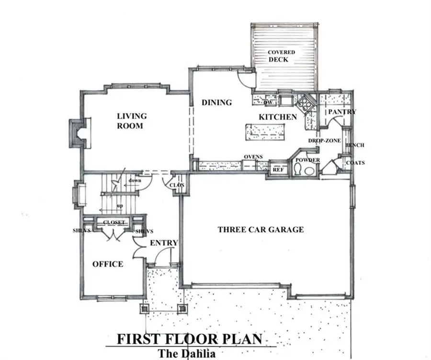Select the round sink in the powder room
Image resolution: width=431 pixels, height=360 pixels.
tap(310, 170)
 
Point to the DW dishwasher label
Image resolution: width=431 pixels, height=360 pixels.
tap(268, 102)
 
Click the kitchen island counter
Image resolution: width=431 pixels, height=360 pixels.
tap(266, 131)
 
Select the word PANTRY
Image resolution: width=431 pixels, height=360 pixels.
tap(341, 112)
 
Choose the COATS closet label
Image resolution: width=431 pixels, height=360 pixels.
tap(355, 163)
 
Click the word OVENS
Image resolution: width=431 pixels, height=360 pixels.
tap(252, 157)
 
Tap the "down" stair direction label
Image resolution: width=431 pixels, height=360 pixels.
tap(134, 181)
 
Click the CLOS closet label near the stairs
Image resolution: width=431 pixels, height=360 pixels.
tap(173, 185)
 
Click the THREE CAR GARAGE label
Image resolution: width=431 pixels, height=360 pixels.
tap(261, 230)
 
